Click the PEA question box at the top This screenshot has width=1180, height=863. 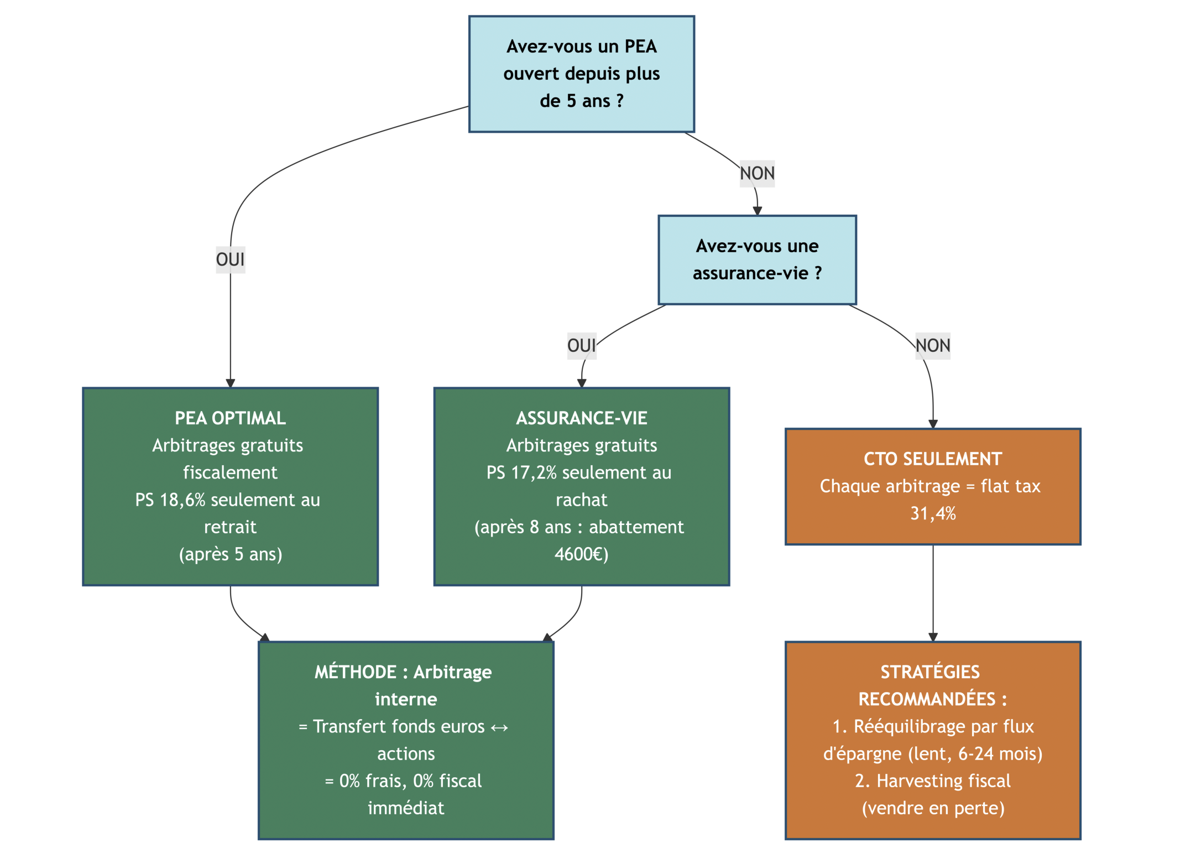[581, 74]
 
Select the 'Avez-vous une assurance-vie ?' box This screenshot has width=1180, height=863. [756, 259]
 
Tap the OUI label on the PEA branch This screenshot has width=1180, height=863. [230, 259]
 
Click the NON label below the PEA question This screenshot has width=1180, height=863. [756, 174]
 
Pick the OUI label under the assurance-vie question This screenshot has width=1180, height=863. [581, 346]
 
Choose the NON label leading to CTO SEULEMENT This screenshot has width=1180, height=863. [932, 346]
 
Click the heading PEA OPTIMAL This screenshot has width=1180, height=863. [230, 418]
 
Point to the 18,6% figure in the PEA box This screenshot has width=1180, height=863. [182, 500]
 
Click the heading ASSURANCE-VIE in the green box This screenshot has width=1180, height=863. [581, 418]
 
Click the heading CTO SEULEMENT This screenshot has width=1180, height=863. [932, 459]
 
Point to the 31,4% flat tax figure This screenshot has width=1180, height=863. [932, 514]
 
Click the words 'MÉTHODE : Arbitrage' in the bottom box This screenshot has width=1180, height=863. [403, 672]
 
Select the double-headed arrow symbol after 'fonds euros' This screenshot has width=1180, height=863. [499, 727]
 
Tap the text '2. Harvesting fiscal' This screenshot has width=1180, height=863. [932, 781]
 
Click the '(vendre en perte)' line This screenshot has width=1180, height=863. [932, 808]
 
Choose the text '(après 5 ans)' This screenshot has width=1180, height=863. [230, 554]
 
